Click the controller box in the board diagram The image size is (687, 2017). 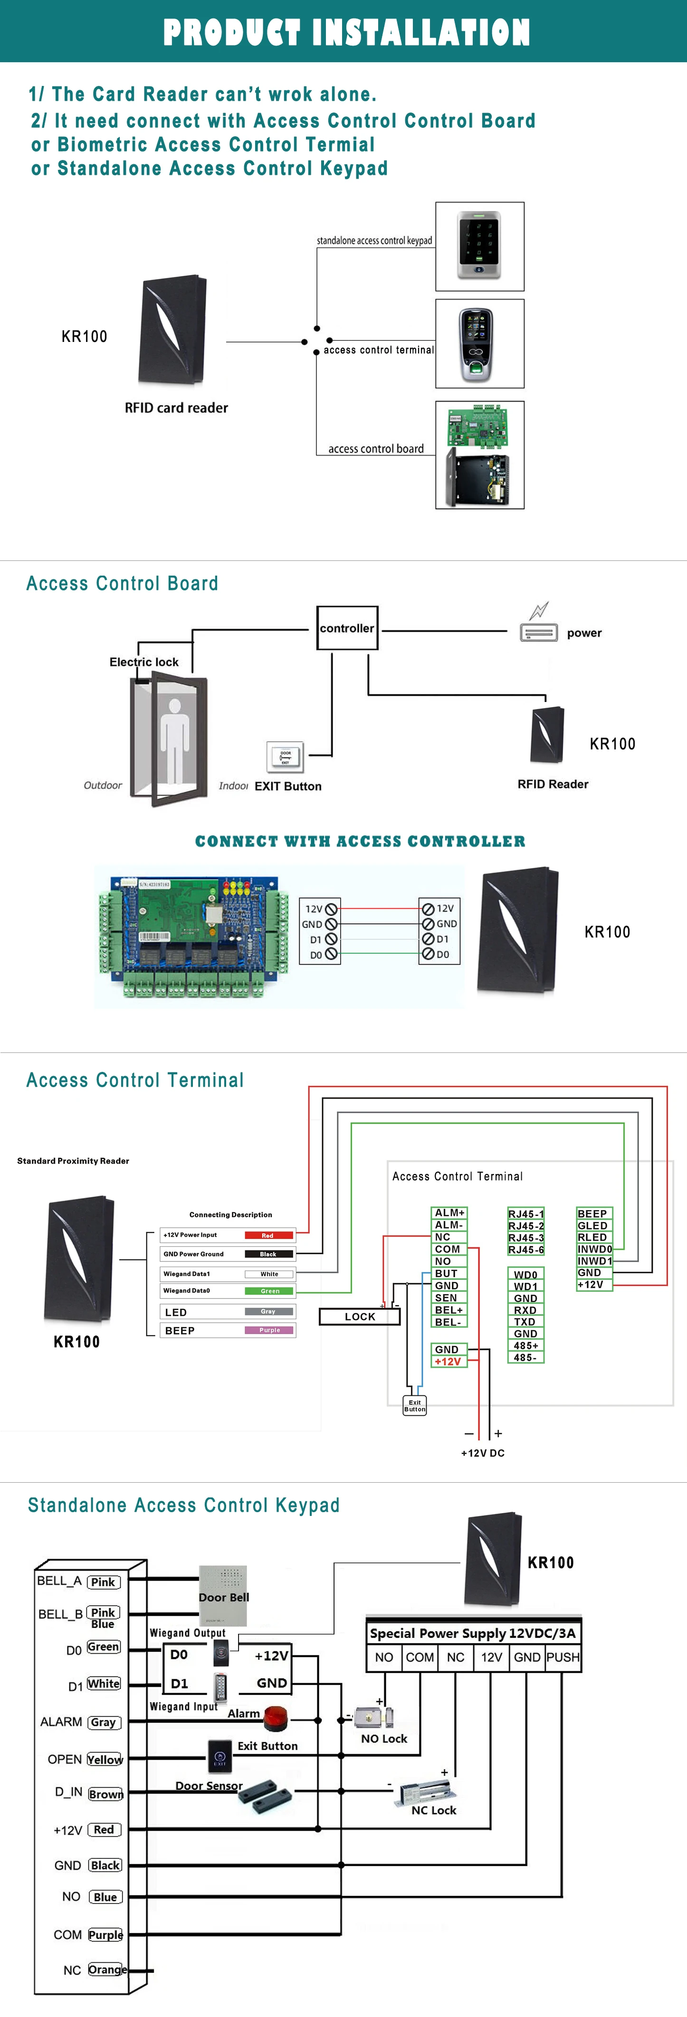[x=347, y=628]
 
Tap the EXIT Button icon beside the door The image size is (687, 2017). [x=285, y=757]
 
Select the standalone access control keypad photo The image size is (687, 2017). [x=479, y=246]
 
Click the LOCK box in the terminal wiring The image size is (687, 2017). [x=360, y=1316]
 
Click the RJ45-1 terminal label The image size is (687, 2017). [x=525, y=1213]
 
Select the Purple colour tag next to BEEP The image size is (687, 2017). [x=269, y=1329]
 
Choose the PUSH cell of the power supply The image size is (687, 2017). [x=563, y=1657]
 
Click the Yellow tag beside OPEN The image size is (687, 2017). [x=105, y=1760]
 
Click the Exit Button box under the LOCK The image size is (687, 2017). [x=414, y=1405]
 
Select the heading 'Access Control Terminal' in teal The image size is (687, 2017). [x=135, y=1080]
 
